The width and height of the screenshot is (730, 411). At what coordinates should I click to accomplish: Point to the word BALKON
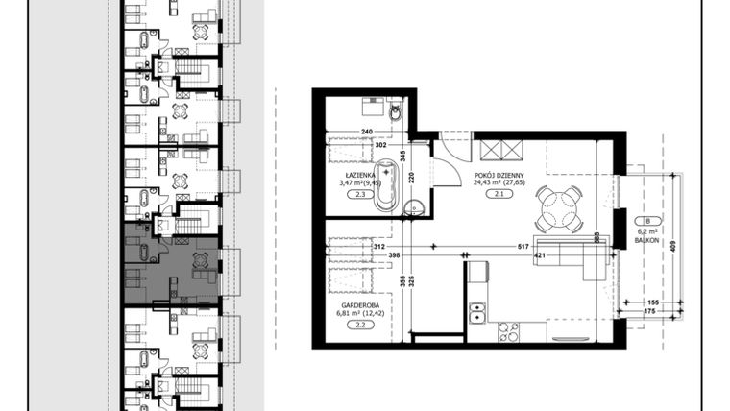pos(645,241)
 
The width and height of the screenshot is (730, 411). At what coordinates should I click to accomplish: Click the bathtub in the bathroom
pos(386,183)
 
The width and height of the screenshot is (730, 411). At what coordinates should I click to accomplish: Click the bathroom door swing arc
pos(444,170)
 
